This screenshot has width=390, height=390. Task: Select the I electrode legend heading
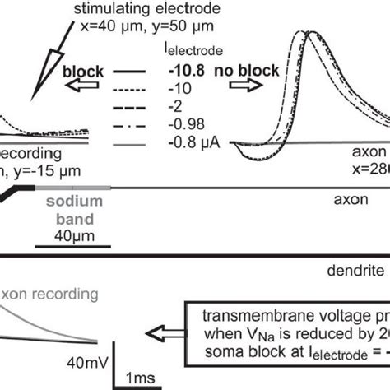(192, 52)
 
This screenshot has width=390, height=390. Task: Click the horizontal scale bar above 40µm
(72, 245)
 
